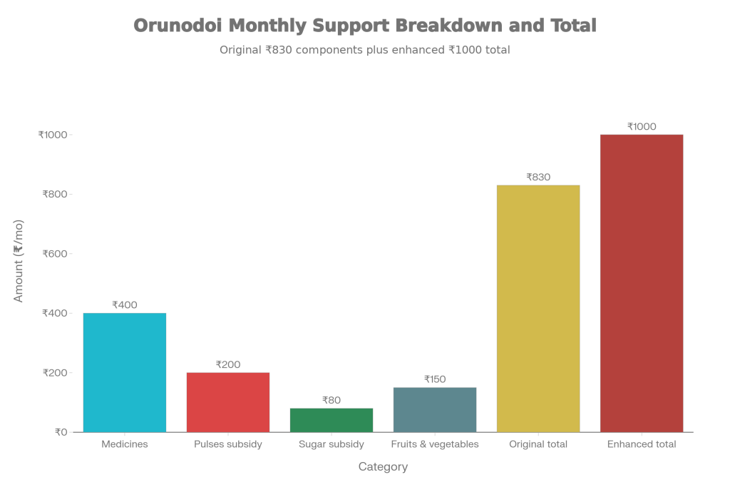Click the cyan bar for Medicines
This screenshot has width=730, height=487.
click(125, 372)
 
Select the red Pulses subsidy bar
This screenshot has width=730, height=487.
click(228, 402)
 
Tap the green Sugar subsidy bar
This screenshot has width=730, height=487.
click(331, 420)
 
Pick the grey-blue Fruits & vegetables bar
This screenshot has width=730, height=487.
click(435, 409)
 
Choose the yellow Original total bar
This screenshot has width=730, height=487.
click(538, 308)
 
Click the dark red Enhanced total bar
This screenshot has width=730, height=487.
click(642, 283)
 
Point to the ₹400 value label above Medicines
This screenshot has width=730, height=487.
click(125, 305)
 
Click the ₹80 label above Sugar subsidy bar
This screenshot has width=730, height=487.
click(331, 400)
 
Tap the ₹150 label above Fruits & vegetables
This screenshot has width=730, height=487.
click(435, 379)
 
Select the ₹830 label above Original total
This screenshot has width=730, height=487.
click(538, 177)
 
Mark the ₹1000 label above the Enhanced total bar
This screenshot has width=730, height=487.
click(642, 127)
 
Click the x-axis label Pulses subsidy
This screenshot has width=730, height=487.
click(228, 444)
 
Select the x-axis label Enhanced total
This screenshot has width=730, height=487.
click(642, 444)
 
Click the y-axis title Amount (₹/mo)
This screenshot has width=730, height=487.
click(19, 261)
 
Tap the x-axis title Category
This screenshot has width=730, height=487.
click(383, 467)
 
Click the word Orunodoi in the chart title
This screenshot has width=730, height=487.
click(178, 26)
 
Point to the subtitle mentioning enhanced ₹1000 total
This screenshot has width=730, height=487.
click(364, 50)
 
